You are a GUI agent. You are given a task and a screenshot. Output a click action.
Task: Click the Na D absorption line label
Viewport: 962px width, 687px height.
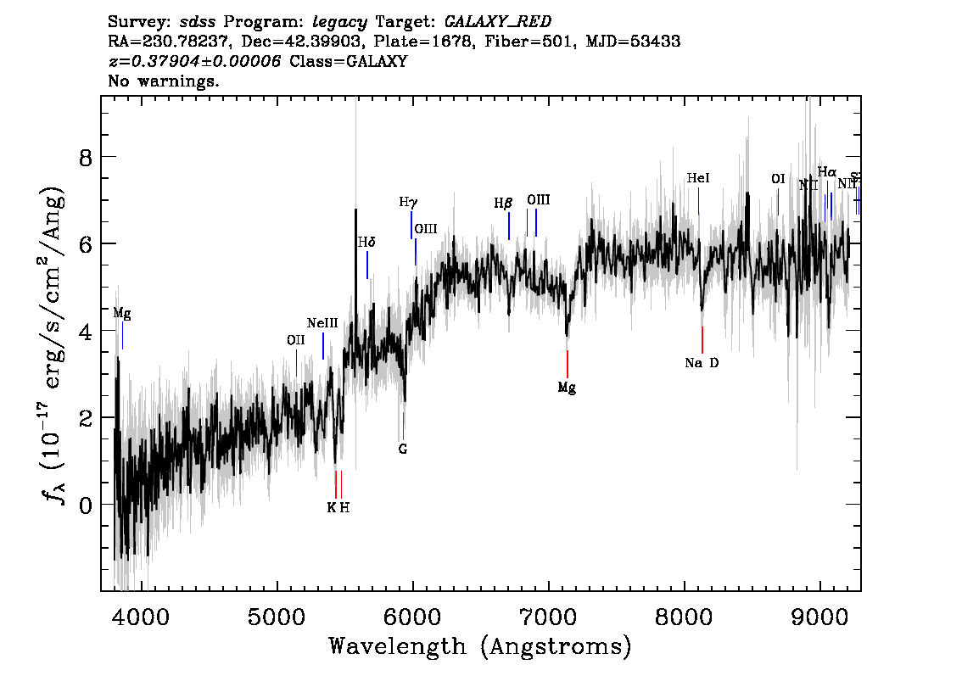702,363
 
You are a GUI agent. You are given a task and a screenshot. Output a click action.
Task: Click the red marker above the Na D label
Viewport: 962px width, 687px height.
702,339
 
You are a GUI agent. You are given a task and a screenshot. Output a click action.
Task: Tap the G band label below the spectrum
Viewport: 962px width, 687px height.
403,449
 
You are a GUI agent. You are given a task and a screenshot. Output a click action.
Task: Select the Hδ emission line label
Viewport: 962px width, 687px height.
366,243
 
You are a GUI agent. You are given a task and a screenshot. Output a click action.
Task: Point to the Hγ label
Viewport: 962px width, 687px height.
408,203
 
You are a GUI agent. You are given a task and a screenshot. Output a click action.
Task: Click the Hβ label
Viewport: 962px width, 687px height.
503,204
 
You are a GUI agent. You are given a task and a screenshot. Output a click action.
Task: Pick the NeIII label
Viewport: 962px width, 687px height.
322,323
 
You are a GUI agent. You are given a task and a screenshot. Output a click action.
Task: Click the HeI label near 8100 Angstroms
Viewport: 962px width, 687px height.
697,178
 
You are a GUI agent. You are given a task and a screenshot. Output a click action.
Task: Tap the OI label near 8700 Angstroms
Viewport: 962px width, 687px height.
778,179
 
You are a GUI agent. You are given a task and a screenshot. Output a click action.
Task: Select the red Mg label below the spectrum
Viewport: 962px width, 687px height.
567,388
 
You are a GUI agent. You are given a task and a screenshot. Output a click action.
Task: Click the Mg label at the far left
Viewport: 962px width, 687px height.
122,313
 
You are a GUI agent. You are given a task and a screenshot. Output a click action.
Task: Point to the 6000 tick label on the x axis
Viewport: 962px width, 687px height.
412,614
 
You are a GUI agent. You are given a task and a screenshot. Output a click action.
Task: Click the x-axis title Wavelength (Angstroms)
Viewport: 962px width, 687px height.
480,646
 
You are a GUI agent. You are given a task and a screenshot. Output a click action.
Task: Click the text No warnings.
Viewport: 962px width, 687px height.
164,82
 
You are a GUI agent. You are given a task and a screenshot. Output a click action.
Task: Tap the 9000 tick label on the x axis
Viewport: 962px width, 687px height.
820,614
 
